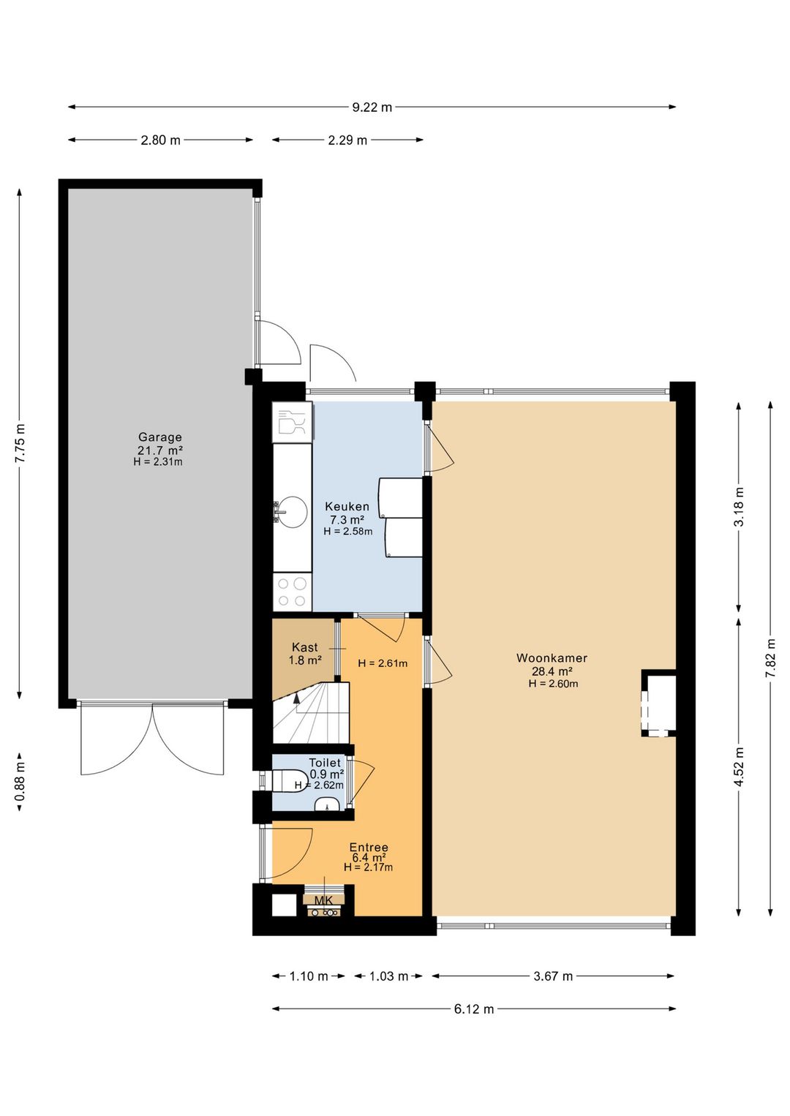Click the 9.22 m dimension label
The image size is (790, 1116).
coord(372,108)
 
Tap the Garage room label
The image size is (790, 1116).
coord(159,437)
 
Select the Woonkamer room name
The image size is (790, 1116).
coord(552,658)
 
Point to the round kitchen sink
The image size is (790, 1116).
coord(293,512)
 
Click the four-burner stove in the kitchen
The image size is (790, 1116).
coord(292,592)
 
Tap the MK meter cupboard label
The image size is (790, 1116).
coord(323,900)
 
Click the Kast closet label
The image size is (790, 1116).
coord(304,647)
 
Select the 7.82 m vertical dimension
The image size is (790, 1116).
coord(770,658)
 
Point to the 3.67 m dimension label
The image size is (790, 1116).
coord(552,976)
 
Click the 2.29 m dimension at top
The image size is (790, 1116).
coord(347,140)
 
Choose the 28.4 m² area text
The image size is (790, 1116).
coord(552,671)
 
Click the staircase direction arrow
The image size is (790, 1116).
coord(296,698)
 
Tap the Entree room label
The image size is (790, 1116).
coord(369,848)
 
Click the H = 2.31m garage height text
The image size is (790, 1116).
coord(158,462)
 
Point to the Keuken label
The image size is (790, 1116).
coord(347,507)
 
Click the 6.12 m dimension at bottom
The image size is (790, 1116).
coord(474,1009)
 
